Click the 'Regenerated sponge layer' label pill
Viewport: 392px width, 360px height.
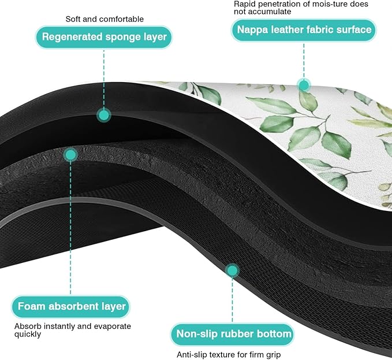(x=104, y=37)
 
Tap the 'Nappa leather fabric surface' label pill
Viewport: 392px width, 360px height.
(x=304, y=30)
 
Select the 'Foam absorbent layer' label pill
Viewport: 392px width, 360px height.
(x=71, y=307)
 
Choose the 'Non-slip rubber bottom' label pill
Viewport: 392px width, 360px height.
(x=233, y=334)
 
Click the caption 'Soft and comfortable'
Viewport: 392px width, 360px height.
(x=104, y=19)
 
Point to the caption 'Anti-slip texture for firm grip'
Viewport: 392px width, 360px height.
(x=229, y=354)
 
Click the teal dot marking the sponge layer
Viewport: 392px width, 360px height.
(x=104, y=116)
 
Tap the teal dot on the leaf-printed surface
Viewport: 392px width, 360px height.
(x=304, y=86)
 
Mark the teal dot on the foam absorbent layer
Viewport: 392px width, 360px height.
(x=70, y=155)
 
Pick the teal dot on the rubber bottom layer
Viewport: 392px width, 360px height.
(x=232, y=270)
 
